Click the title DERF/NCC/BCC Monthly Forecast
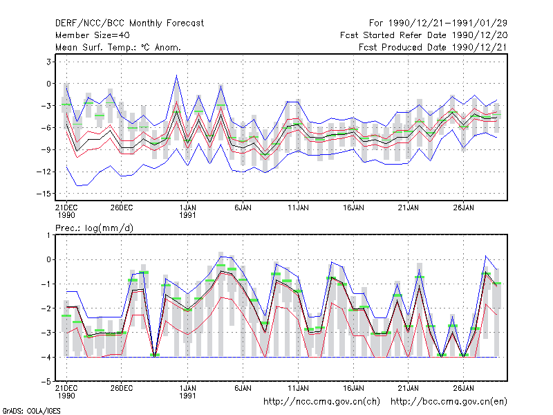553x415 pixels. (129, 24)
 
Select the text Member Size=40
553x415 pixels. (93, 35)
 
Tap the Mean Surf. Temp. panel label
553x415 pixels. (118, 47)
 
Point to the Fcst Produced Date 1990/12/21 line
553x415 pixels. (433, 47)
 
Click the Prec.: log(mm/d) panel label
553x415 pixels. (94, 228)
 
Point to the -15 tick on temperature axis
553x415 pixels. (44, 194)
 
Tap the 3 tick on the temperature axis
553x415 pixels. (48, 62)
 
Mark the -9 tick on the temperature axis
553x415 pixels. (46, 149)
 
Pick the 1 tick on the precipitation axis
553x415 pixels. (48, 234)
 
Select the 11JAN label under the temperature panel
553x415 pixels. (298, 208)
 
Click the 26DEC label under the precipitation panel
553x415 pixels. (122, 388)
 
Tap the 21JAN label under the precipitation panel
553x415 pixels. (408, 388)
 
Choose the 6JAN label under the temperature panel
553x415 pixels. (243, 208)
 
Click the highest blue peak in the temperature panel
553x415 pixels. (177, 75)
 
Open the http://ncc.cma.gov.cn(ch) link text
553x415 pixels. (321, 402)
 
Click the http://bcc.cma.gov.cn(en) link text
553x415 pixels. (449, 402)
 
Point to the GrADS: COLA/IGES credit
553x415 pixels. (31, 411)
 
